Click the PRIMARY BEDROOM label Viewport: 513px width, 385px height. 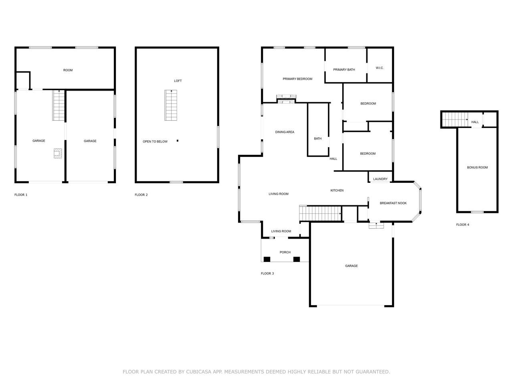(297, 79)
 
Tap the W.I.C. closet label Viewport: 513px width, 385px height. (380, 68)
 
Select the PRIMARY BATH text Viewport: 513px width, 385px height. (344, 70)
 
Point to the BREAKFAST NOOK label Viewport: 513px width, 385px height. (393, 203)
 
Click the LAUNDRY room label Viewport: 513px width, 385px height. (380, 179)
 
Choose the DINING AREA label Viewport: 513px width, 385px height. (285, 132)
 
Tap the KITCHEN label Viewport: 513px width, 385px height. (337, 190)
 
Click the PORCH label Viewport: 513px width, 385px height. (285, 252)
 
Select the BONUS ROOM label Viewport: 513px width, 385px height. (477, 167)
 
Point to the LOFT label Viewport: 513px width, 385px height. (178, 81)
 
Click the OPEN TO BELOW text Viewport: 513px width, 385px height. (155, 142)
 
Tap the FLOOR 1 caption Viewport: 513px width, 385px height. (21, 195)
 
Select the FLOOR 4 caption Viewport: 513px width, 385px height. (463, 225)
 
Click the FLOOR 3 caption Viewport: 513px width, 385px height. (267, 273)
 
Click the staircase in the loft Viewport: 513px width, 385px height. (171, 105)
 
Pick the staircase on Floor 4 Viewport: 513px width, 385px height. (455, 120)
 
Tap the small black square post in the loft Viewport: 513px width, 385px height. (178, 141)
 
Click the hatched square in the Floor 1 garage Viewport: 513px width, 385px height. (58, 153)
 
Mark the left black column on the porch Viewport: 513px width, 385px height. (267, 259)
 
